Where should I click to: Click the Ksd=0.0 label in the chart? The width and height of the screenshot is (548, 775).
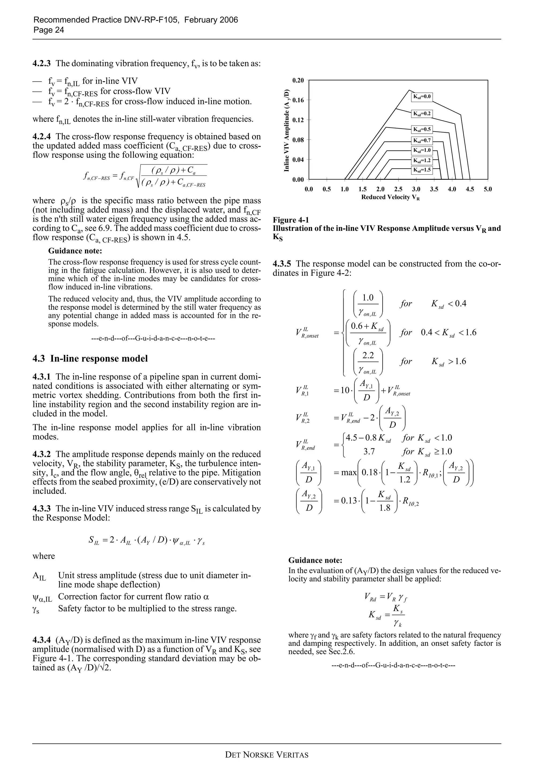click(422, 97)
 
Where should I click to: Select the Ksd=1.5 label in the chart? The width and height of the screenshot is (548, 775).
click(422, 170)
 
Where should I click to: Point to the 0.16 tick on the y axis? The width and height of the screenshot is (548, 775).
click(298, 100)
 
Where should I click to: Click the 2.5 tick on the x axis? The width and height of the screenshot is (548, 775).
click(398, 189)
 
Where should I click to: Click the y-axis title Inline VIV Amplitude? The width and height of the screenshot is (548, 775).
click(287, 130)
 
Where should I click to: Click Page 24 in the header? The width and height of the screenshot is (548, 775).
click(49, 30)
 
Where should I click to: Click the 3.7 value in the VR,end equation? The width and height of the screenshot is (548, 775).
click(369, 452)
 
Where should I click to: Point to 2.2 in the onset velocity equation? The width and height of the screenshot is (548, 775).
click(368, 355)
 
